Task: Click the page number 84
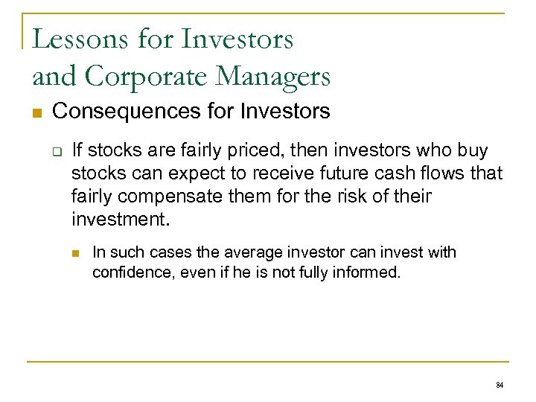point(499,385)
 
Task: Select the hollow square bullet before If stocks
point(57,151)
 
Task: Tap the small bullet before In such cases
point(77,253)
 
